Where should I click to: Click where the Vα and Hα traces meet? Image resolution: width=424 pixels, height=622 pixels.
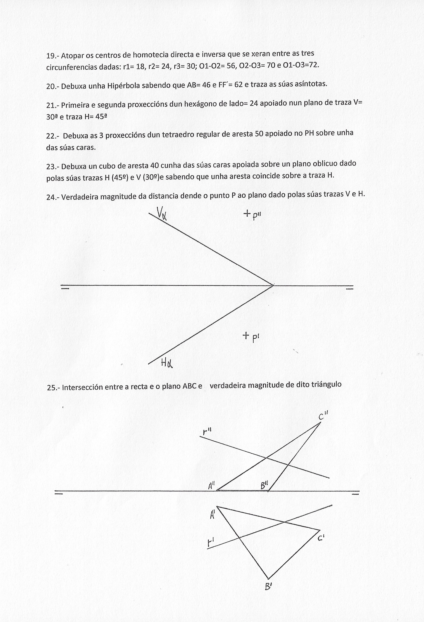tap(273, 285)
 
